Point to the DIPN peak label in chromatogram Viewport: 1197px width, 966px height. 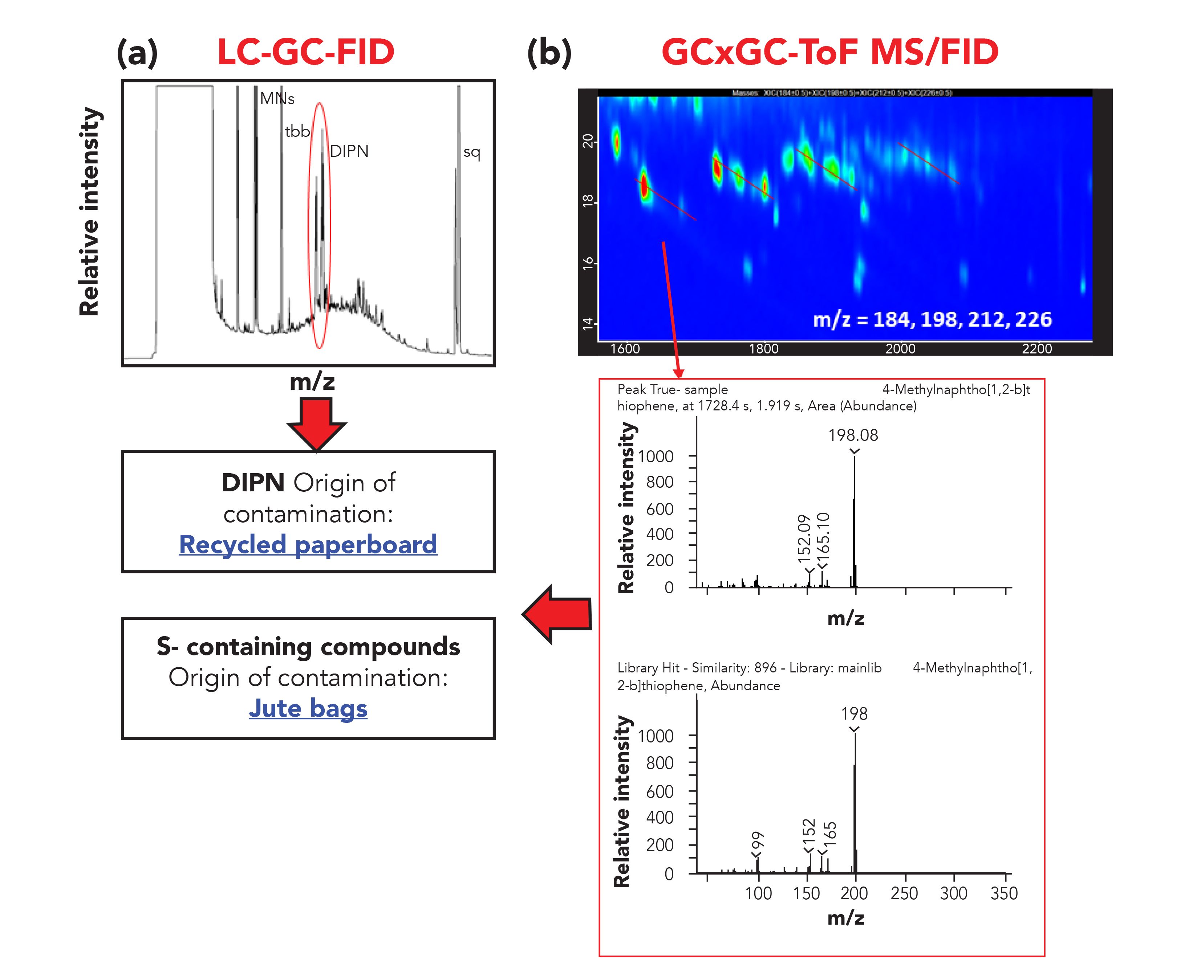(349, 151)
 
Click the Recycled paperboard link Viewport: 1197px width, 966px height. (308, 544)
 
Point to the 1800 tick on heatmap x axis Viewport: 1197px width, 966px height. (763, 348)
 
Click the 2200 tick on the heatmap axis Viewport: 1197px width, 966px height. (1036, 348)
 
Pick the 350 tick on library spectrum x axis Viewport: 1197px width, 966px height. (1004, 893)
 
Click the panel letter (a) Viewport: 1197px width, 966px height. (137, 53)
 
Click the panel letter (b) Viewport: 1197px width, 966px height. (549, 53)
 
